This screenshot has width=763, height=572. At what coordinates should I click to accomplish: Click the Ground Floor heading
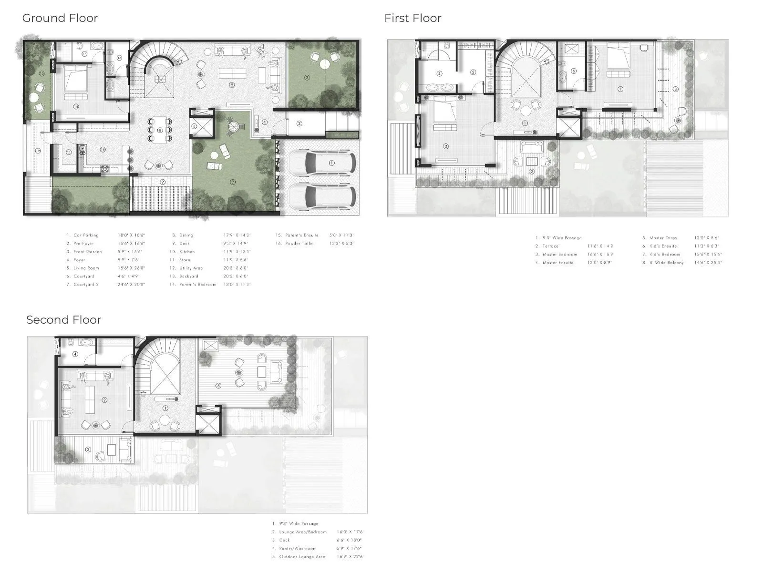(60, 18)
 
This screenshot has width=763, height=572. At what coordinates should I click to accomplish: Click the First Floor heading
(412, 18)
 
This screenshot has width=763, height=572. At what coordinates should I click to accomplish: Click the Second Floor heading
(63, 320)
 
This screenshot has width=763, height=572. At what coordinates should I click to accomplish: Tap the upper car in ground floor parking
(322, 163)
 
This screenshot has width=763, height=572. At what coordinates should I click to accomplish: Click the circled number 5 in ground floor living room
(232, 85)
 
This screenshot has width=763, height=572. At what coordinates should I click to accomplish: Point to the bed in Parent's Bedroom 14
(75, 79)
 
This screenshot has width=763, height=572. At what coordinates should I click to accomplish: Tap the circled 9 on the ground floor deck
(163, 182)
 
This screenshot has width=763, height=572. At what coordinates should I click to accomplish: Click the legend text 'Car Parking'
(86, 235)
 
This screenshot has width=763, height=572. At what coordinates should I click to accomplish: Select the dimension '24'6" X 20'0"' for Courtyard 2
(131, 285)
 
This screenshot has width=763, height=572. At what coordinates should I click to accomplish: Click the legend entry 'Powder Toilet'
(299, 244)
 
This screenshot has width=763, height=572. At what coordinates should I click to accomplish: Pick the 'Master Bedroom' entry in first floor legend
(559, 255)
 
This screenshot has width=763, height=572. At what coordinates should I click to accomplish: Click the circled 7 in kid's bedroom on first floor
(620, 89)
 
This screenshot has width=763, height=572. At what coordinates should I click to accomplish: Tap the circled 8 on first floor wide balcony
(675, 89)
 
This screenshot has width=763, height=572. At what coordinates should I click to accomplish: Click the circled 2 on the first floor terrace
(531, 171)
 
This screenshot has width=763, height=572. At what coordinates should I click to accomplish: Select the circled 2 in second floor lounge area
(104, 400)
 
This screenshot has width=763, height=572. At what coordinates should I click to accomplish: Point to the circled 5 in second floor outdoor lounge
(218, 386)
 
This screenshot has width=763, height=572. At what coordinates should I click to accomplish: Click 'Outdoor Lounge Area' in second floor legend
(302, 557)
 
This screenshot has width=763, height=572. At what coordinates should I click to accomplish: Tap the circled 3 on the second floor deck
(88, 449)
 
